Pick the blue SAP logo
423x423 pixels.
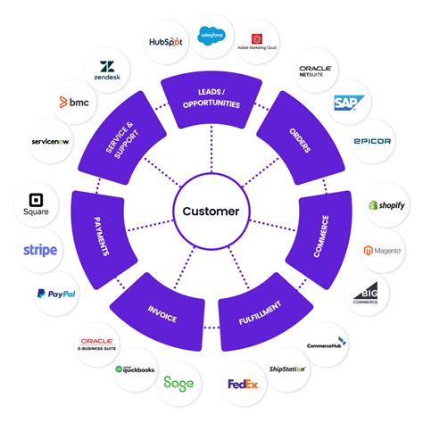346,104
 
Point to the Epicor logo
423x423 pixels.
371,141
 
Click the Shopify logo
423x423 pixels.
387,204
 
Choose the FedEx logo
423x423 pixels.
244,386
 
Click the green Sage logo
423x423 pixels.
178,384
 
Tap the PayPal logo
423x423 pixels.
54,293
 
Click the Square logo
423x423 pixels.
37,204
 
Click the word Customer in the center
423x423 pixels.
211,211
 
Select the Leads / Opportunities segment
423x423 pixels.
211,99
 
